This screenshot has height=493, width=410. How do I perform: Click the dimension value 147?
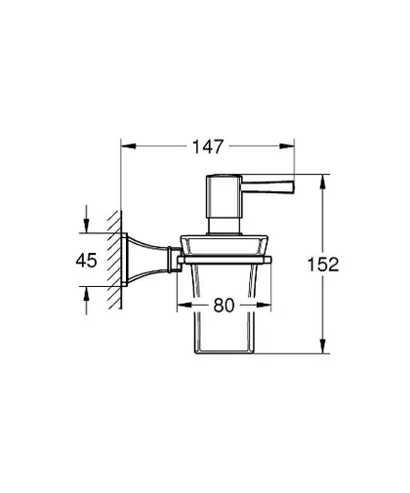click(208, 146)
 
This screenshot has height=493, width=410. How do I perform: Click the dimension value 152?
click(323, 265)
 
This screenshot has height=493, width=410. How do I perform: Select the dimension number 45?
click(86, 261)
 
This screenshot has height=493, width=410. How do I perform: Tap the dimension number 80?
click(224, 306)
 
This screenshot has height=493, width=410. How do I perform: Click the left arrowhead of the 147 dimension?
click(128, 146)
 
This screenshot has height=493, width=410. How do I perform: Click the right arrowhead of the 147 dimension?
click(287, 146)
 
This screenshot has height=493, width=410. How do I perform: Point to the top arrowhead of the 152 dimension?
click(322, 182)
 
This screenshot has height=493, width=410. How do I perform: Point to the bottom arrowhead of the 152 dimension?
click(322, 346)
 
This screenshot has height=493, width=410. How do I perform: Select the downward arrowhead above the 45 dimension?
click(86, 226)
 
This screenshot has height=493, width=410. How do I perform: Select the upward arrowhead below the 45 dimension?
click(86, 294)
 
